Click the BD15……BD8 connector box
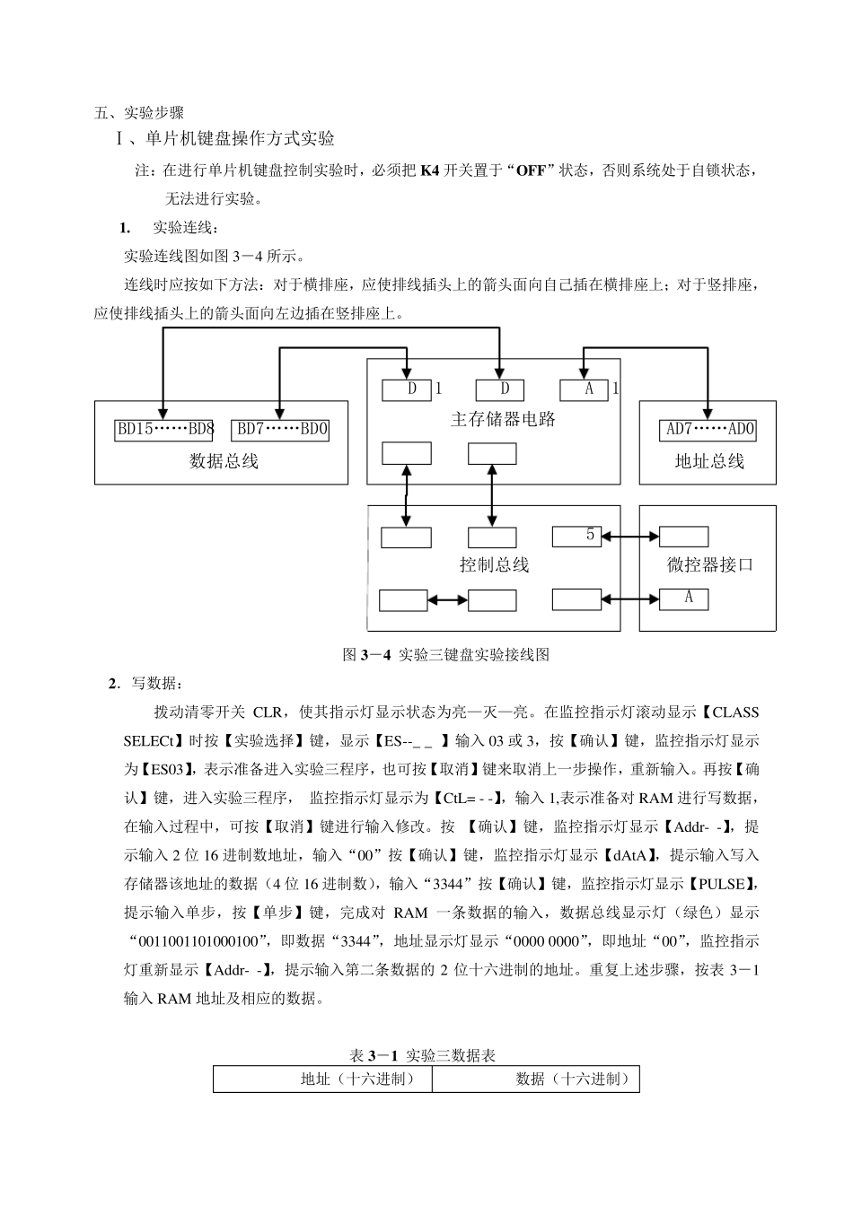pyautogui.click(x=163, y=429)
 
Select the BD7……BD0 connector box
pyautogui.click(x=281, y=429)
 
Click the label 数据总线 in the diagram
pyautogui.click(x=224, y=461)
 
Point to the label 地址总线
pyautogui.click(x=709, y=461)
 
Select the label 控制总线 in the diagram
pyautogui.click(x=494, y=564)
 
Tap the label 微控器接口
pyautogui.click(x=709, y=564)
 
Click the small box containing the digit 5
pyautogui.click(x=577, y=536)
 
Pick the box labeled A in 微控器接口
pyautogui.click(x=684, y=599)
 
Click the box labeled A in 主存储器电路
pyautogui.click(x=584, y=389)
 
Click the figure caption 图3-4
pyautogui.click(x=446, y=654)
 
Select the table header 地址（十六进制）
pyautogui.click(x=357, y=1079)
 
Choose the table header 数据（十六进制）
pyautogui.click(x=573, y=1079)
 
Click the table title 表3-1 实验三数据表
pyautogui.click(x=422, y=1054)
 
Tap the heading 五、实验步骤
pyautogui.click(x=139, y=113)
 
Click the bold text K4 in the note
pyautogui.click(x=429, y=170)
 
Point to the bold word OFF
pyautogui.click(x=531, y=170)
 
